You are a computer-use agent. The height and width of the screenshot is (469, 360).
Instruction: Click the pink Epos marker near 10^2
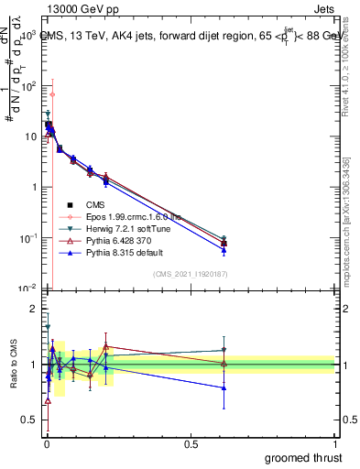pyautogui.click(x=52, y=94)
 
